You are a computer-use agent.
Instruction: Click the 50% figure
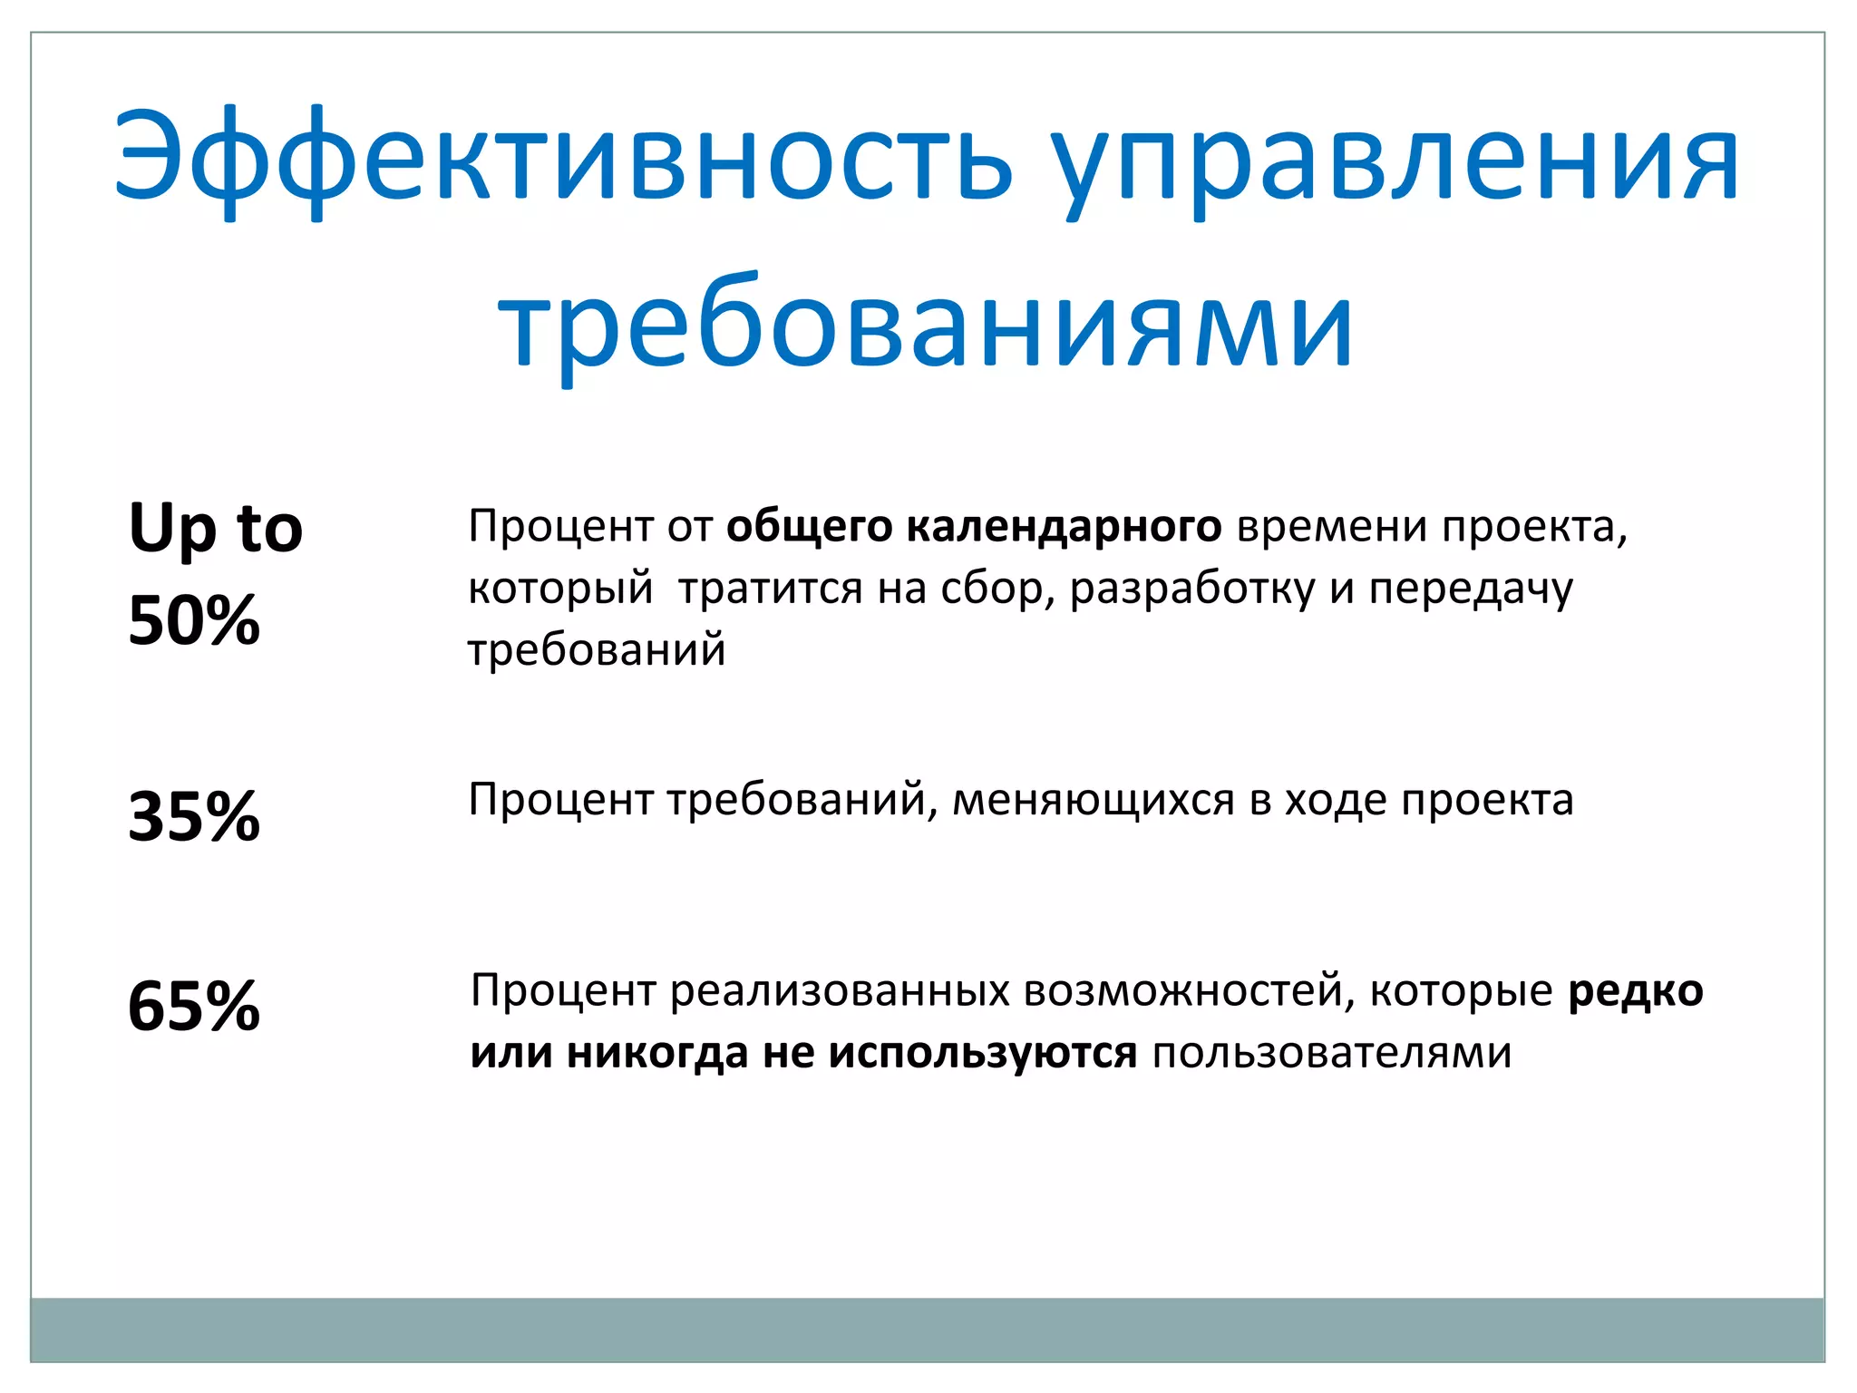pyautogui.click(x=194, y=621)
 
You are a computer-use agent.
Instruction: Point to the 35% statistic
pyautogui.click(x=194, y=816)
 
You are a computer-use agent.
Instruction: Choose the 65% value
pyautogui.click(x=194, y=1006)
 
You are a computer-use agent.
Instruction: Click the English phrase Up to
pyautogui.click(x=216, y=528)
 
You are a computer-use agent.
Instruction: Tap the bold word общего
pyautogui.click(x=809, y=526)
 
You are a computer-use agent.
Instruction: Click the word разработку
pyautogui.click(x=1191, y=588)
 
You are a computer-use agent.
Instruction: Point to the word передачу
pyautogui.click(x=1471, y=588)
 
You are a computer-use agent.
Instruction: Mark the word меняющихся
pyautogui.click(x=1093, y=800)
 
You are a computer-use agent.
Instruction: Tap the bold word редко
pyautogui.click(x=1636, y=990)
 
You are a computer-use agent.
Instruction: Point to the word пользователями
pyautogui.click(x=1331, y=1053)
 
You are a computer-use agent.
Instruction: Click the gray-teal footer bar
pyautogui.click(x=927, y=1330)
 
